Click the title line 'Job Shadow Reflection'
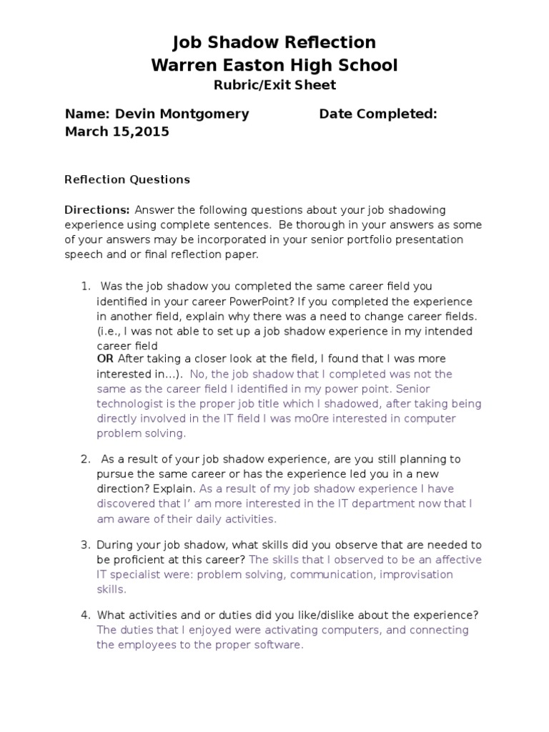[x=274, y=43]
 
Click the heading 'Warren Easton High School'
[x=274, y=66]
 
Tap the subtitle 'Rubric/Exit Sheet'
[x=274, y=86]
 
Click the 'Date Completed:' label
[x=378, y=114]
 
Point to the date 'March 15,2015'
[x=117, y=132]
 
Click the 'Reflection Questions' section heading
[x=127, y=179]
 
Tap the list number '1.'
[x=85, y=287]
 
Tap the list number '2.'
[x=85, y=459]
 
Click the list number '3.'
[x=85, y=545]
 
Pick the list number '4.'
[x=85, y=615]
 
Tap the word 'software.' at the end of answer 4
[x=280, y=645]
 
